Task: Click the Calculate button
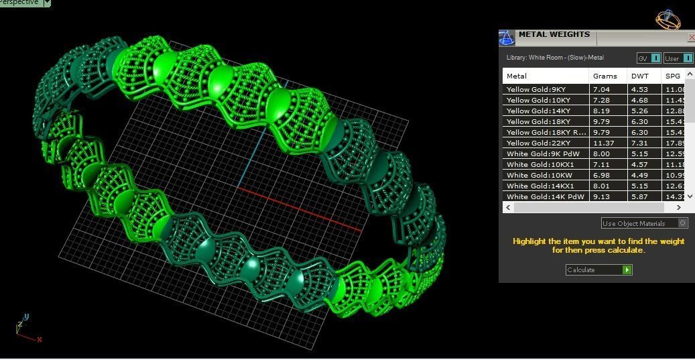tap(598, 269)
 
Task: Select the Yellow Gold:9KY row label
tap(536, 89)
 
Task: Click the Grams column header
tap(605, 76)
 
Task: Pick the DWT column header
tap(640, 76)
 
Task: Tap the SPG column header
tap(672, 76)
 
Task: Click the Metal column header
tap(517, 76)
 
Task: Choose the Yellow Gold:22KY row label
tap(538, 143)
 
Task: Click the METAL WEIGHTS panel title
tap(554, 34)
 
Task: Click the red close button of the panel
tap(692, 38)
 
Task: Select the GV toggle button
tap(648, 58)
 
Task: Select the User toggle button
tap(678, 58)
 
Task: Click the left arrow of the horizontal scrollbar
tap(508, 207)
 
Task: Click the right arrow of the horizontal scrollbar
tap(678, 207)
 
